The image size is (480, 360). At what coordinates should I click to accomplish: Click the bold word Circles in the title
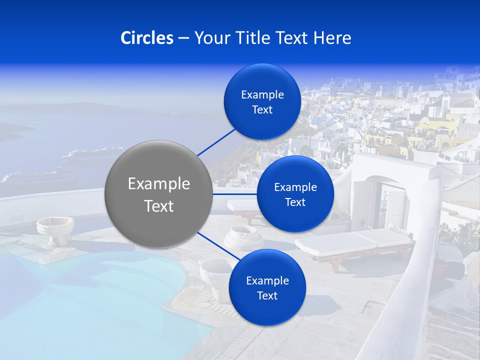147,37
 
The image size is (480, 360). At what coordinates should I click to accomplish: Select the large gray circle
158,194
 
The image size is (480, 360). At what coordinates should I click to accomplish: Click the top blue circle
262,101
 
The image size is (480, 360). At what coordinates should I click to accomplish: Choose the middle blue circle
295,194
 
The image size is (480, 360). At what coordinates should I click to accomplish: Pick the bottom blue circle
267,287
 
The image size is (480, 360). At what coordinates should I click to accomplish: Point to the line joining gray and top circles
216,141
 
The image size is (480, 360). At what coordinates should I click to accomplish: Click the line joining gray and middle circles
234,194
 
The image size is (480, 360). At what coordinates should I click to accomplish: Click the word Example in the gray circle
158,184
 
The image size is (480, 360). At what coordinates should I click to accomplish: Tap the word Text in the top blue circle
262,110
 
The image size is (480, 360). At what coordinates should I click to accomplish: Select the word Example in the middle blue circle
295,187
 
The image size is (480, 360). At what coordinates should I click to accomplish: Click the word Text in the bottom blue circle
267,295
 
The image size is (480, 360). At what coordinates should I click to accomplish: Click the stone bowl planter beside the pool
54,228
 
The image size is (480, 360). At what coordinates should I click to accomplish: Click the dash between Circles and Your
183,38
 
